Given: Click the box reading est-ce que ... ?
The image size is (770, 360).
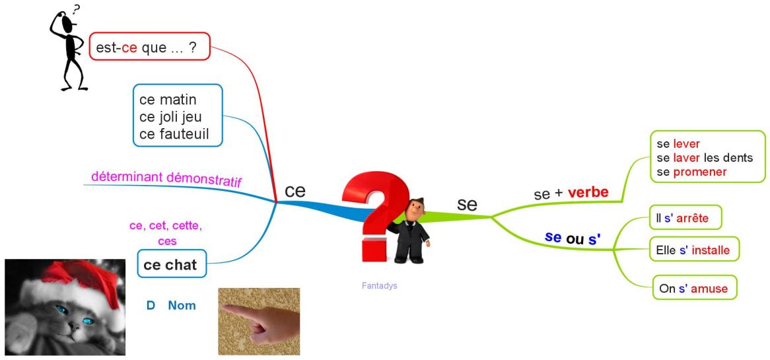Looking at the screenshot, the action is (150, 47).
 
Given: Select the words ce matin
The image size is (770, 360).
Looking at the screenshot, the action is (168, 100).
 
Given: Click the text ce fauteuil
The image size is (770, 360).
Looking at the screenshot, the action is (174, 134).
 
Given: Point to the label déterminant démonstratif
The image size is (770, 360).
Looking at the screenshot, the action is (166, 179).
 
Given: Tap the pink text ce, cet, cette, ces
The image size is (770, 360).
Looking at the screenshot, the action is (166, 234).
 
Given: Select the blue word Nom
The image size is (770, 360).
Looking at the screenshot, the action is (182, 305).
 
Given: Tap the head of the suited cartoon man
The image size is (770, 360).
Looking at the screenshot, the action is (415, 209).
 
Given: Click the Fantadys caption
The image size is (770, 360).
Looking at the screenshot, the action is (379, 286).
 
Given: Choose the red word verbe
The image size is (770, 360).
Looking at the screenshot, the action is (588, 192).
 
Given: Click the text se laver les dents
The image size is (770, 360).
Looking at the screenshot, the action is (705, 158).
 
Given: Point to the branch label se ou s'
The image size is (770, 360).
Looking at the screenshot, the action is (573, 238).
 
